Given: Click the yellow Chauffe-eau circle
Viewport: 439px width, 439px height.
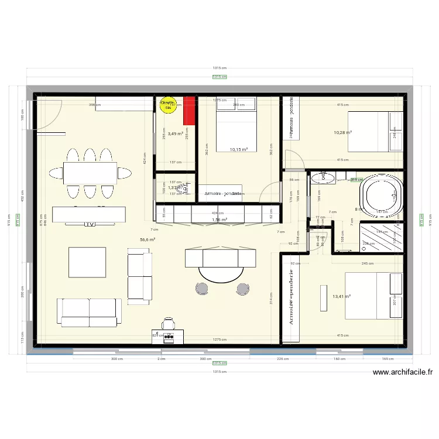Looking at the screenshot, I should [168, 104].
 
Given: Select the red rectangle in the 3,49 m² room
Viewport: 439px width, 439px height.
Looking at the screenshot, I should [188, 110].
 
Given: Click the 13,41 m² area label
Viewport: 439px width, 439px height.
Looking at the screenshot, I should [341, 296].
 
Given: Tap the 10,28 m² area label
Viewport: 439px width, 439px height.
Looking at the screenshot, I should [342, 132].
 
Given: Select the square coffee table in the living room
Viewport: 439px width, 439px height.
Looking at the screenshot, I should [88, 262].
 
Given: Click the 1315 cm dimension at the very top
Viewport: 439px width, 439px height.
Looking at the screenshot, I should [220, 68].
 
